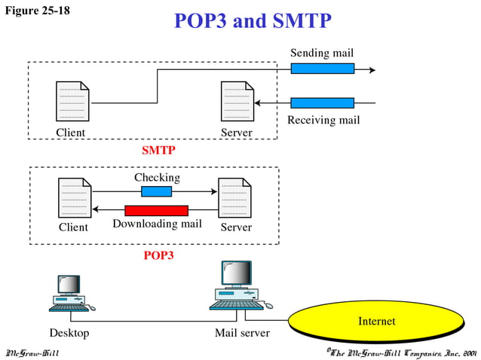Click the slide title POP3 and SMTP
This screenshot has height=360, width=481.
[252, 20]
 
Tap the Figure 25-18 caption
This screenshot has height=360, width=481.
[38, 11]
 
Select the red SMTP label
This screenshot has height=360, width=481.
[158, 150]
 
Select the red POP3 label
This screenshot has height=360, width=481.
[158, 255]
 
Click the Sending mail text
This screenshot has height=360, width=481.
[322, 53]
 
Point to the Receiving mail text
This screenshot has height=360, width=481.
[323, 120]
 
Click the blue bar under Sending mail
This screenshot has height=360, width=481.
[322, 69]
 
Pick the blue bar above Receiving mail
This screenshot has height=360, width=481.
[322, 102]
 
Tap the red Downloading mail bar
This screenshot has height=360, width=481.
[156, 210]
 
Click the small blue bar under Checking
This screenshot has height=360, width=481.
[156, 191]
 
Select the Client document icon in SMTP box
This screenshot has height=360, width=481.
[72, 101]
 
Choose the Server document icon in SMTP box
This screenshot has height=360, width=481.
[236, 101]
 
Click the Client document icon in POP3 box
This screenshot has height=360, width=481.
[75, 197]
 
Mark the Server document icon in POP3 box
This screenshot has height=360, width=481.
[234, 197]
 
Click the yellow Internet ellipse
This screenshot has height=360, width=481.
[376, 322]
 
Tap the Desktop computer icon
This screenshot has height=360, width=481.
[70, 294]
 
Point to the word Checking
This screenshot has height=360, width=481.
[157, 178]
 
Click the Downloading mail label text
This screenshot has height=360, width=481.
[157, 224]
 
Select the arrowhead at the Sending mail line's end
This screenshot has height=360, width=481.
[371, 69]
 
